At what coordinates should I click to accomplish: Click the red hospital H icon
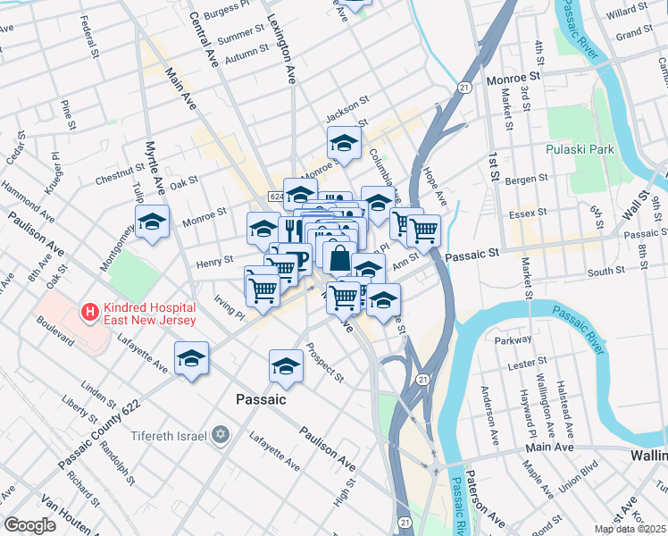[89, 312]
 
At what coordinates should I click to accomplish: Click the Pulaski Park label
[580, 149]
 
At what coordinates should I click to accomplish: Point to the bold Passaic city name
[261, 399]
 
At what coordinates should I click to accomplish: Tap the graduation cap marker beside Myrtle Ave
[153, 222]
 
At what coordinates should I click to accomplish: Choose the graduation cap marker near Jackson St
[344, 142]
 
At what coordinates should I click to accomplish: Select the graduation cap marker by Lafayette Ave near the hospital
[191, 358]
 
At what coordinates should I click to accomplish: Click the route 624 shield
[277, 196]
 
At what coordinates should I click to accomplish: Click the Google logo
[30, 525]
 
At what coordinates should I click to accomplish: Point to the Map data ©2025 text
[630, 529]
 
